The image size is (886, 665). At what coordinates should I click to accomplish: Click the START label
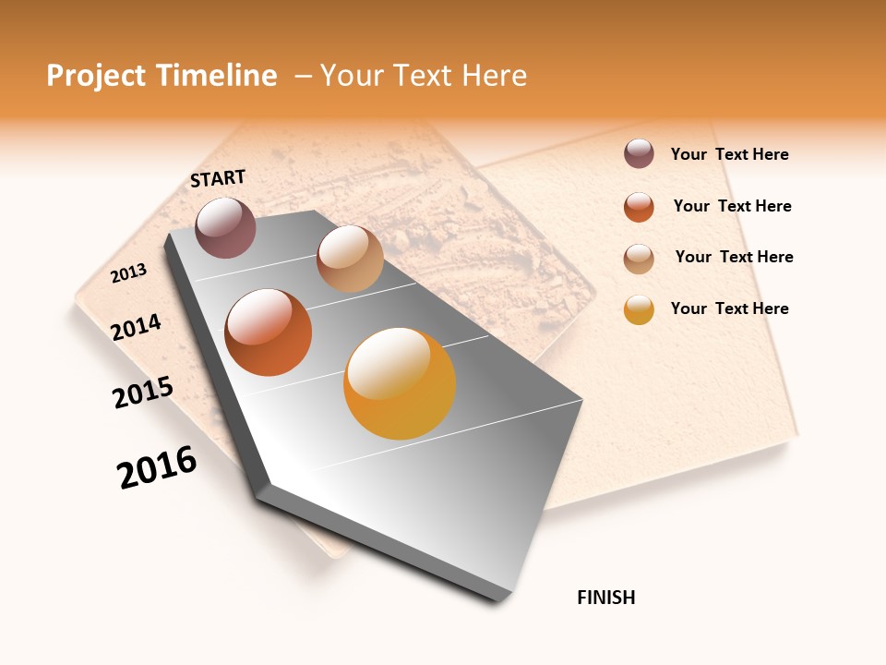pyautogui.click(x=218, y=178)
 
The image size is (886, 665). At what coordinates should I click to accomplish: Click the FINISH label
pyautogui.click(x=605, y=598)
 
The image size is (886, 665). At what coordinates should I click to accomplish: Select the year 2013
pyautogui.click(x=129, y=272)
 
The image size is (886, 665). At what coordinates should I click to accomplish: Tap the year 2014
pyautogui.click(x=137, y=327)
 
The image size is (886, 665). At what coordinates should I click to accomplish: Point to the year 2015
pyautogui.click(x=143, y=393)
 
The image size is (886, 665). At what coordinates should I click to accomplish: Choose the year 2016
pyautogui.click(x=157, y=467)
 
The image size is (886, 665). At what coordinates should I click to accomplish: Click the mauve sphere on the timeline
pyautogui.click(x=225, y=227)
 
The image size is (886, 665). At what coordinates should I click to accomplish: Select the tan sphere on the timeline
pyautogui.click(x=350, y=259)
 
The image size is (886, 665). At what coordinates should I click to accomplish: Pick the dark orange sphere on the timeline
pyautogui.click(x=269, y=332)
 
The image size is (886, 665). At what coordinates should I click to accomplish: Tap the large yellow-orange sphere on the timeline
pyautogui.click(x=400, y=383)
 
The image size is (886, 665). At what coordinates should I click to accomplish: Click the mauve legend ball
pyautogui.click(x=639, y=153)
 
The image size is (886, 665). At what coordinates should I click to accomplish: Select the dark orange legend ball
pyautogui.click(x=639, y=207)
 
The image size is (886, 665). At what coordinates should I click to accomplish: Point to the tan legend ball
pyautogui.click(x=639, y=259)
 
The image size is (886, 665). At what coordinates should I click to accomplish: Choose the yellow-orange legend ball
pyautogui.click(x=639, y=310)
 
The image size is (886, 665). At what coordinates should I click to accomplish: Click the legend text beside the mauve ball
pyautogui.click(x=729, y=154)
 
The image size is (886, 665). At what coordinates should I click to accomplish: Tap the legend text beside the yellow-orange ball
pyautogui.click(x=729, y=308)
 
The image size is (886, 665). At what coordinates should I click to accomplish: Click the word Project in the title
pyautogui.click(x=95, y=76)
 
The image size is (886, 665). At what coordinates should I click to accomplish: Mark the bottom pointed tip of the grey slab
pyautogui.click(x=498, y=598)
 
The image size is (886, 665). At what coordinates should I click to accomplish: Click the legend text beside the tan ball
pyautogui.click(x=734, y=257)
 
